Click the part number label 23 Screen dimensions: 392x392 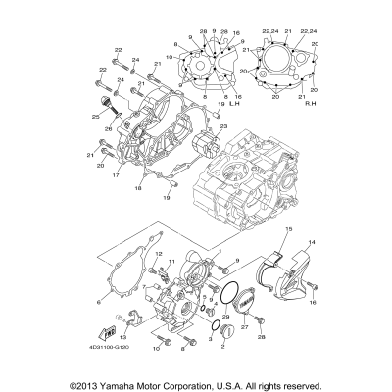coord(223,127)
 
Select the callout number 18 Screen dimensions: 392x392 coord(164,184)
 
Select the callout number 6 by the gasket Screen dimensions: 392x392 coord(99,304)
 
